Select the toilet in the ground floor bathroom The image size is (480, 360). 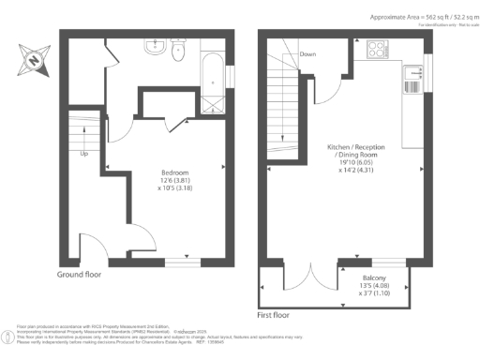click(177, 47)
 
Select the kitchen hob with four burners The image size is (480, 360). click(379, 48)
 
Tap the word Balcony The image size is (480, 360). click(376, 278)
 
